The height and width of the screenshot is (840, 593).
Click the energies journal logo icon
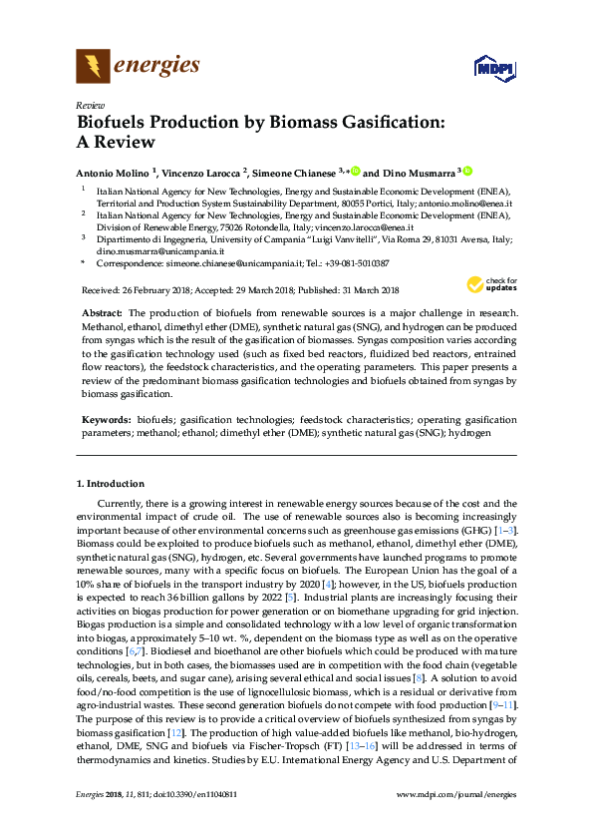pos(94,67)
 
